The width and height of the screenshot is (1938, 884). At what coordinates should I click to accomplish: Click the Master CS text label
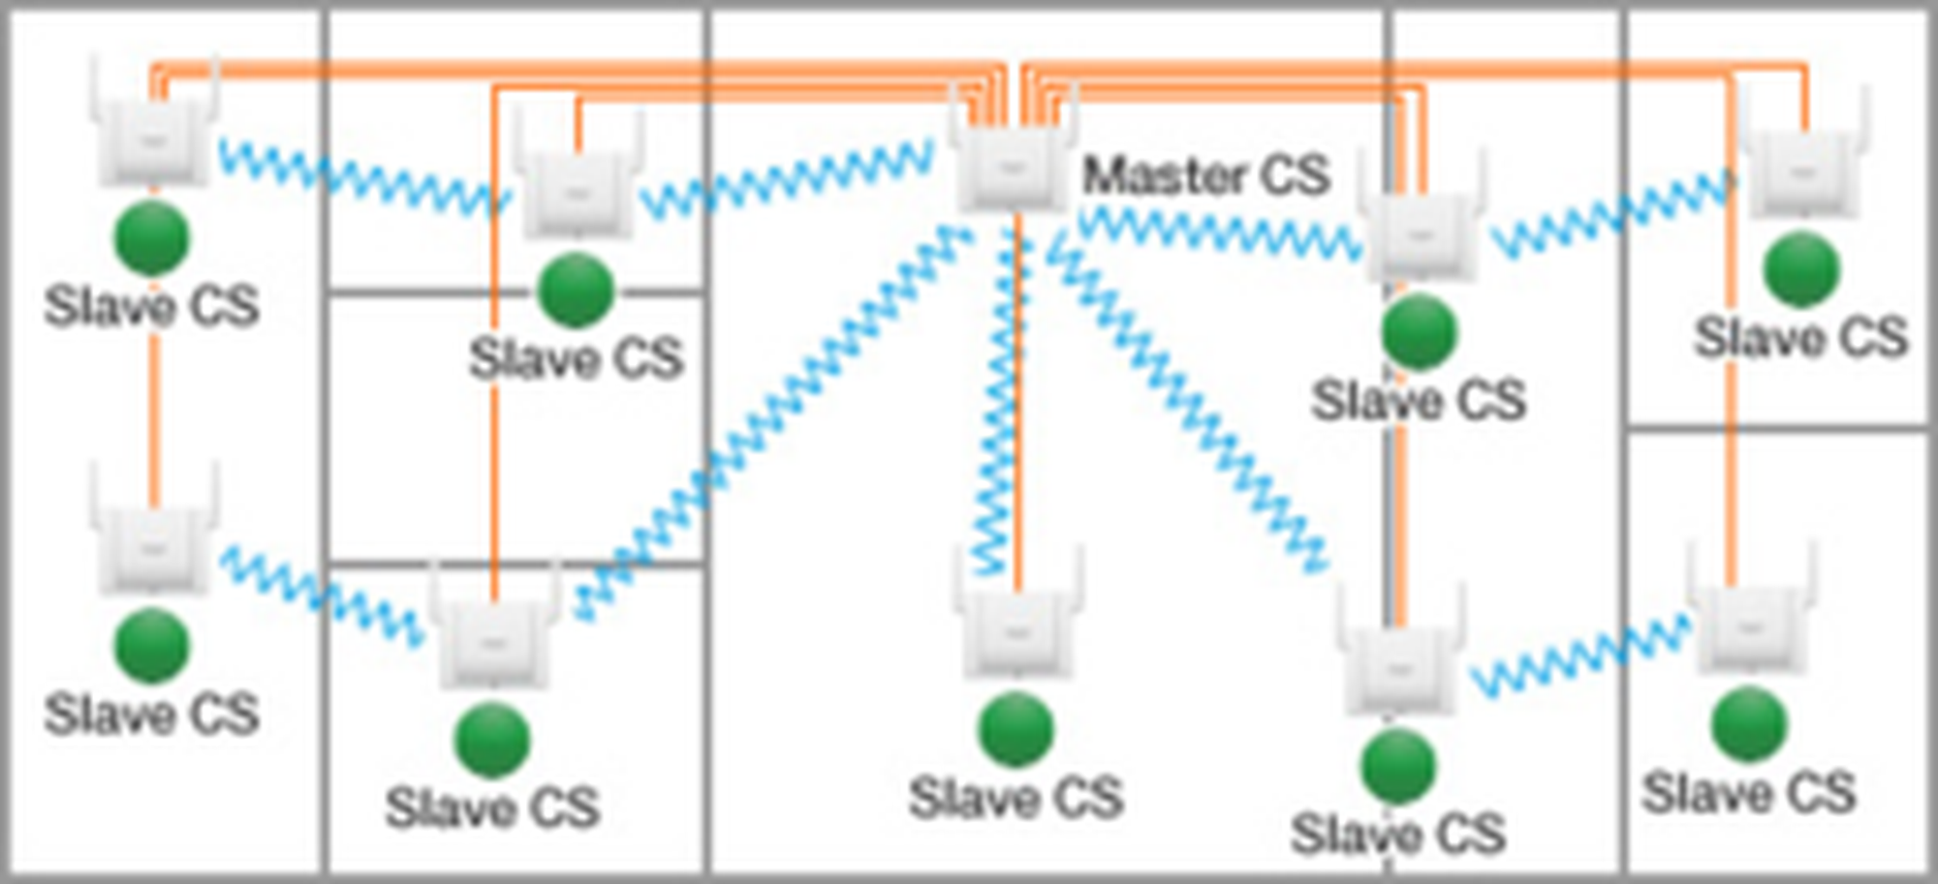tap(1205, 176)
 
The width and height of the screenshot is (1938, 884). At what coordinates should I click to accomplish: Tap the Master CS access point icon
tap(1013, 167)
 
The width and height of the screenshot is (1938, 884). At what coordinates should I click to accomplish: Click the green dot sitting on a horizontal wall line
tap(576, 290)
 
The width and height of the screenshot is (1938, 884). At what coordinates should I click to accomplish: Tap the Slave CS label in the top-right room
tap(1800, 338)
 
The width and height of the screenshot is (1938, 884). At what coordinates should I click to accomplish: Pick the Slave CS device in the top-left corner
tap(153, 140)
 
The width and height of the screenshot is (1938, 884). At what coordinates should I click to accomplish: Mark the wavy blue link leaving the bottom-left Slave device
tap(320, 594)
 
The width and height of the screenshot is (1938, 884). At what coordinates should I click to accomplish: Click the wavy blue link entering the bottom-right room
tap(1579, 658)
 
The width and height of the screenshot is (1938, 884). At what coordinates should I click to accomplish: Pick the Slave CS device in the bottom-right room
tap(1749, 629)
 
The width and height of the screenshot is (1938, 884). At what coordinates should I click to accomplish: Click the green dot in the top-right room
tap(1801, 269)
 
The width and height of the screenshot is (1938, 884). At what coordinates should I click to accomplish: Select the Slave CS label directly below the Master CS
tap(1016, 798)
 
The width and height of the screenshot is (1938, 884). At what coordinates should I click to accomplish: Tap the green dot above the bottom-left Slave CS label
tap(152, 646)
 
